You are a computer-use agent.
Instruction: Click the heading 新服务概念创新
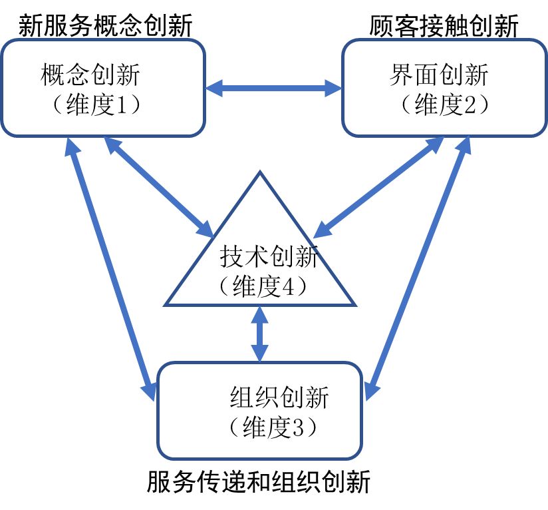pos(105,26)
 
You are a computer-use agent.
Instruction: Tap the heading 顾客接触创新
pos(444,26)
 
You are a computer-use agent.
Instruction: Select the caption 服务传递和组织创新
pos(258,481)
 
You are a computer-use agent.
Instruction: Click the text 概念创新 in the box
pos(90,75)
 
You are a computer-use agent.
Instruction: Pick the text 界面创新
pos(439,75)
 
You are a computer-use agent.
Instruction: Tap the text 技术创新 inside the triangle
pos(269,257)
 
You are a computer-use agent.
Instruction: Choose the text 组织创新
pos(279,397)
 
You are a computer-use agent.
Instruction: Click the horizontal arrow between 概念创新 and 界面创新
pos(273,87)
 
